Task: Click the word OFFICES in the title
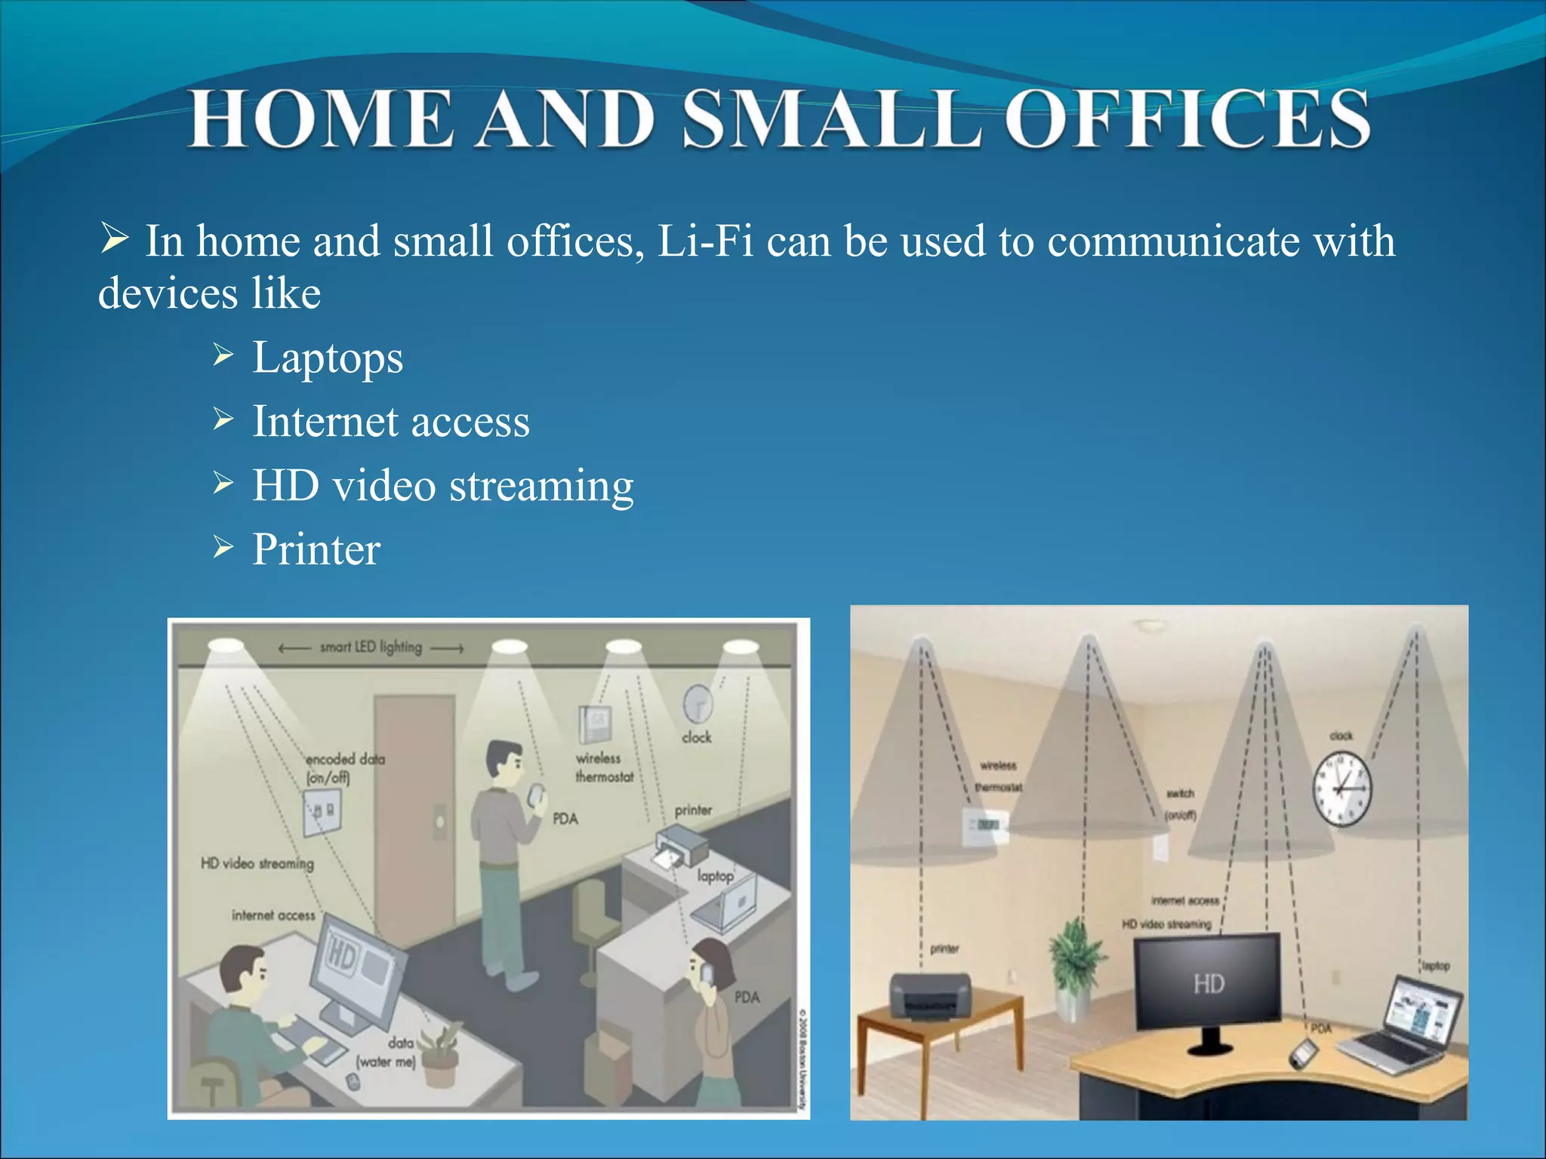tap(1187, 119)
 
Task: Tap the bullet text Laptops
tap(328, 357)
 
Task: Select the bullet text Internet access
tap(390, 421)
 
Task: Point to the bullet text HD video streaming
tap(442, 485)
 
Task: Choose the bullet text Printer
tap(316, 549)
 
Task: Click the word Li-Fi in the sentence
tap(705, 241)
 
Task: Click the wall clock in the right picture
tap(1341, 789)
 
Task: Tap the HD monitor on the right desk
tap(1208, 982)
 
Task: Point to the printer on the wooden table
tap(930, 995)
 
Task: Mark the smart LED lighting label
tap(371, 647)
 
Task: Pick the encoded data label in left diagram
tap(344, 767)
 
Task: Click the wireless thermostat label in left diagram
tap(604, 767)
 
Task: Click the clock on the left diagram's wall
tap(698, 703)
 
